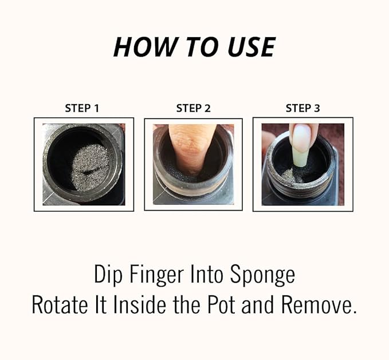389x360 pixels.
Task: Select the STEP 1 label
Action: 82,108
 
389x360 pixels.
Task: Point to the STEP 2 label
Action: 193,108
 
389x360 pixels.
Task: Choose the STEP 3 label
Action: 302,108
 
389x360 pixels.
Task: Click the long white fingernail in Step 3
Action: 301,139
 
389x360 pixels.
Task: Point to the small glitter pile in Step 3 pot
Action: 290,175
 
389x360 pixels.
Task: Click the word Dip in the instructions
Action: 108,275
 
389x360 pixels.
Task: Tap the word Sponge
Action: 263,275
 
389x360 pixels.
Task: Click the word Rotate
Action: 60,304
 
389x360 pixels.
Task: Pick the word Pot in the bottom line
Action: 221,304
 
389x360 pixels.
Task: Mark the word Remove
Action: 319,304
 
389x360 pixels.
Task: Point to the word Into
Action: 207,275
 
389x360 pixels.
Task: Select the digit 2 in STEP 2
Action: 207,108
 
